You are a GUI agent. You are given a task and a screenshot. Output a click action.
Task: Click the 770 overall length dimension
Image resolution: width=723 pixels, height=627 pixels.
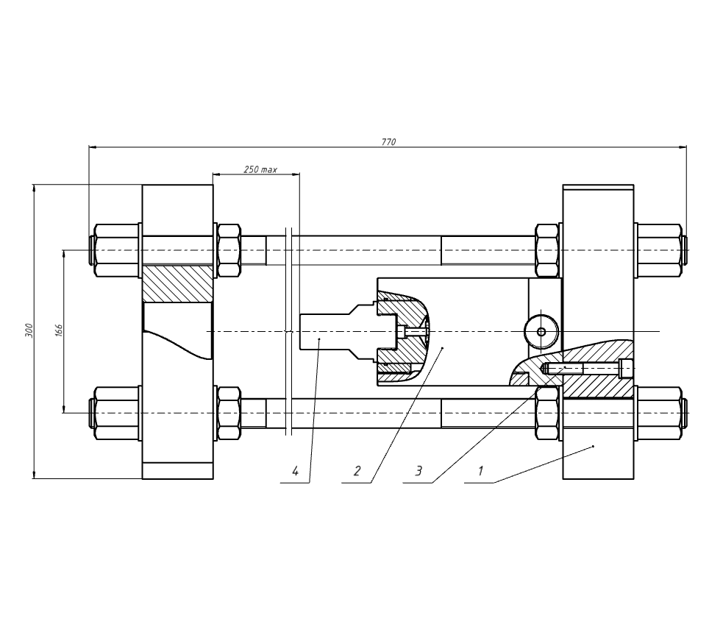388,141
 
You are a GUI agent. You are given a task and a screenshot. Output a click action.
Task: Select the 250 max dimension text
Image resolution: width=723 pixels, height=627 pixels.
260,169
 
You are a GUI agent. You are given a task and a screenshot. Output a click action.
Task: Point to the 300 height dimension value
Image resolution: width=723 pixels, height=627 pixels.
29,330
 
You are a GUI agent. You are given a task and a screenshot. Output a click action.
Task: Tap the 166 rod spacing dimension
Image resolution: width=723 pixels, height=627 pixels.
59,330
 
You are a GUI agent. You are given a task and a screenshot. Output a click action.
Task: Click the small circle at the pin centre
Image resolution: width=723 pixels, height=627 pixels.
541,332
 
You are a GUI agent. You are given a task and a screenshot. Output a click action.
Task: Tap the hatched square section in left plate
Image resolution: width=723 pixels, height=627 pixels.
177,283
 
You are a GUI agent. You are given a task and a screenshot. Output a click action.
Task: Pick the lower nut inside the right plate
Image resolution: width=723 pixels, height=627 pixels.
548,413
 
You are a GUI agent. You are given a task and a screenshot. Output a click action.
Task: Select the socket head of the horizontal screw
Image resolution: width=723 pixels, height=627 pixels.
626,367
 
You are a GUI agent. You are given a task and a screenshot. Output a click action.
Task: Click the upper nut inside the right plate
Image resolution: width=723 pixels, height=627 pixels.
548,250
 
